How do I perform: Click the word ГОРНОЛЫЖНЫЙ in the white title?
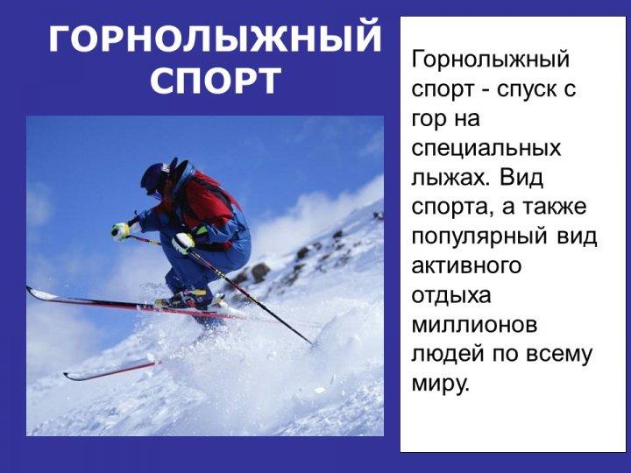click(x=215, y=39)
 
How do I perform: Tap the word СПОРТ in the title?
click(x=216, y=81)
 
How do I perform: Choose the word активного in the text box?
click(x=466, y=266)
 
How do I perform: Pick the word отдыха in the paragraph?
click(x=451, y=296)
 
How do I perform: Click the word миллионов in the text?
click(x=474, y=326)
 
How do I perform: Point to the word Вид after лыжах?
click(x=521, y=177)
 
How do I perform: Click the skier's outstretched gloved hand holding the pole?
click(x=121, y=231)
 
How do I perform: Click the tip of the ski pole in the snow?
click(x=313, y=344)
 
